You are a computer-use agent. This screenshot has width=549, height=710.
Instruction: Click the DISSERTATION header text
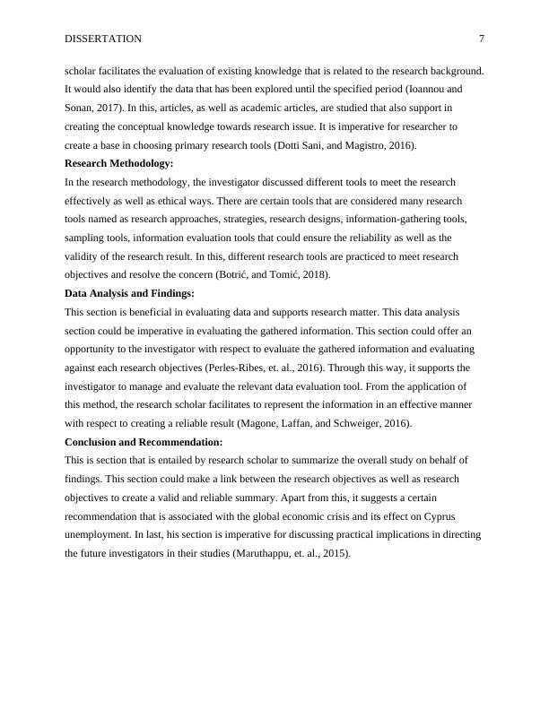pos(103,39)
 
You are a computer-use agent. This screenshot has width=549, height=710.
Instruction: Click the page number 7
pos(482,39)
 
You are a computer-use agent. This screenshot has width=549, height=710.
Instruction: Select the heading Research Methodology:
pos(119,163)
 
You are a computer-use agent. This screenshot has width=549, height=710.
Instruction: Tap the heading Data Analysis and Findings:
pos(130,293)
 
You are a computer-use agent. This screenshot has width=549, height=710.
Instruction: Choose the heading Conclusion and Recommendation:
pos(144,442)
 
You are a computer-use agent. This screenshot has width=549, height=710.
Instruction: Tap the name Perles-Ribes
pos(259,368)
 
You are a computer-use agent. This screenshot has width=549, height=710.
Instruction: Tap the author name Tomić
pos(278,275)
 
